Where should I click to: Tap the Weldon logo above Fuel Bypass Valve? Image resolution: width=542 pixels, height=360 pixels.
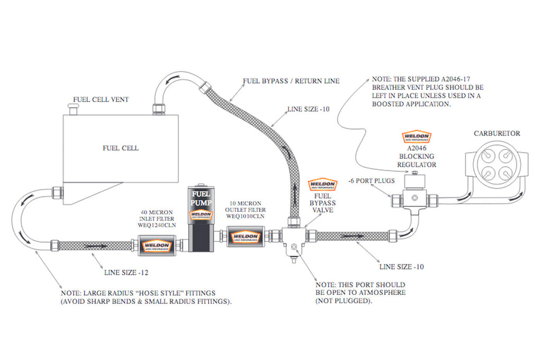322,185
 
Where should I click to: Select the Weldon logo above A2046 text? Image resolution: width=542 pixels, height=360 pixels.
417,137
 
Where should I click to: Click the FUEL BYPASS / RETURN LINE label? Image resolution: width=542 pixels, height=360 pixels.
291,82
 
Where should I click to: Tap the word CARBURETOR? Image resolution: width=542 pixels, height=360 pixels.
497,133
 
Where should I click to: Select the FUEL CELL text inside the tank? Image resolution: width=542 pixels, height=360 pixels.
121,148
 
